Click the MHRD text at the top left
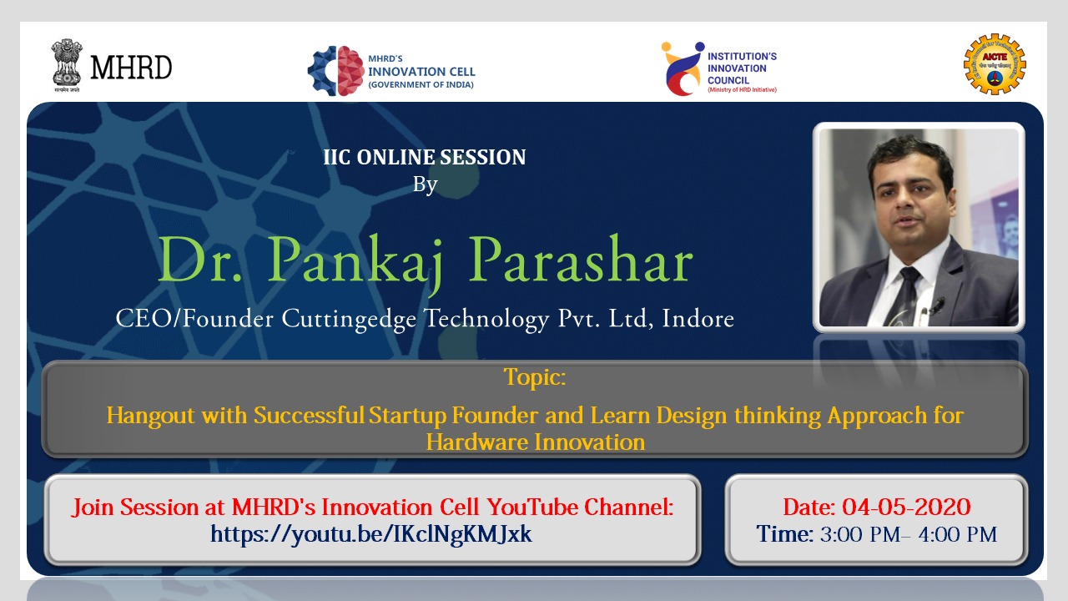point(131,68)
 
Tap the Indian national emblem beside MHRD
point(67,65)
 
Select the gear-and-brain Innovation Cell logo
point(336,71)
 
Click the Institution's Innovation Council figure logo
point(683,68)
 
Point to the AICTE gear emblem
point(995,64)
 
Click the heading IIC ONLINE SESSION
point(425,157)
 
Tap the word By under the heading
point(425,184)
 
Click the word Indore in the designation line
point(698,318)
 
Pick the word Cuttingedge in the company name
point(349,319)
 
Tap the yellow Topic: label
point(535,376)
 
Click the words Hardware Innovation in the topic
point(535,442)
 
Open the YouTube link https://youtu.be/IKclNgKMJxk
point(371,534)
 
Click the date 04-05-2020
point(906,507)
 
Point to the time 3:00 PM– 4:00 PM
point(909,534)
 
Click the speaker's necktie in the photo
point(904,295)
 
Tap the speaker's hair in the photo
point(909,158)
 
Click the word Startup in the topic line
point(408,416)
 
